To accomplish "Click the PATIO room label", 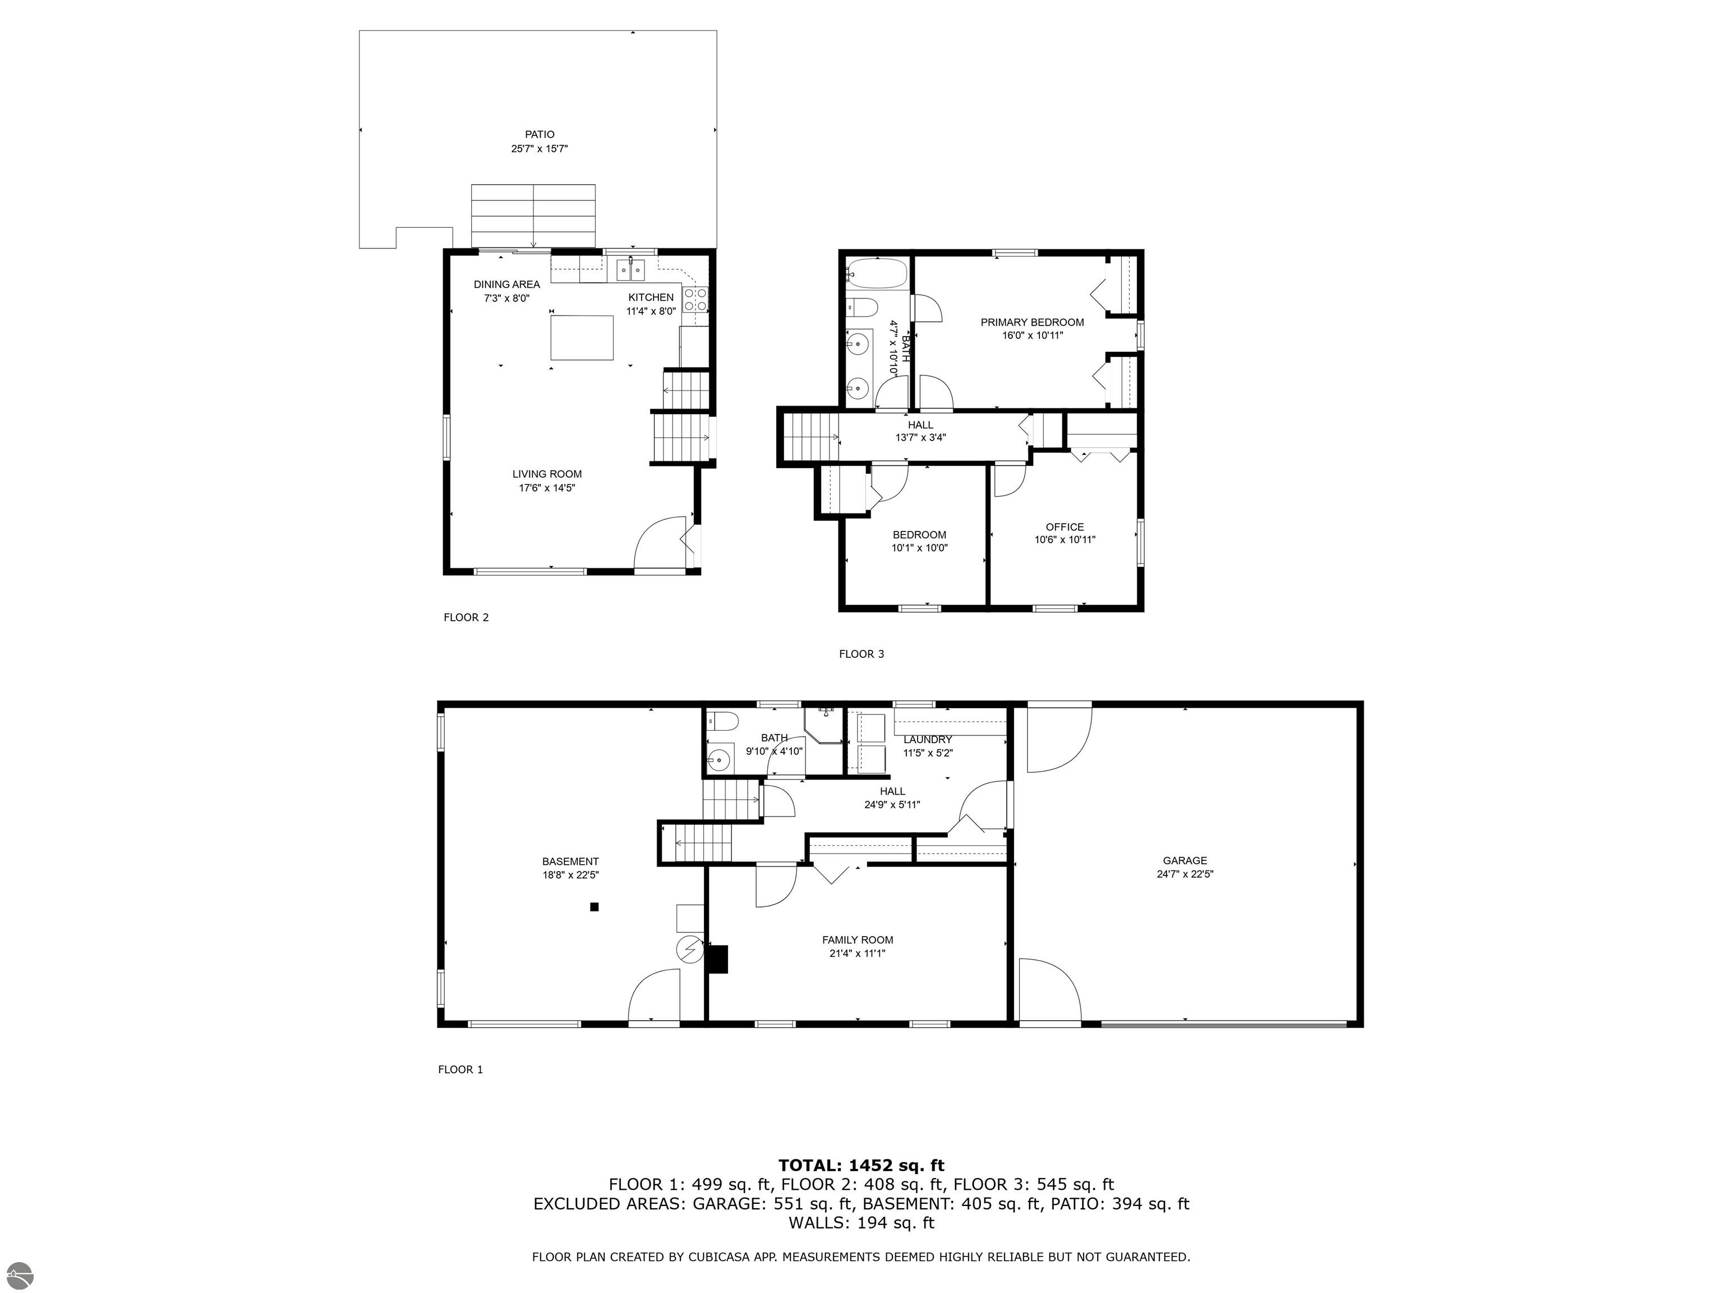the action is pos(539,135).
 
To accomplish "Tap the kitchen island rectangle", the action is pos(581,337).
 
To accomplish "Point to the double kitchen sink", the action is pos(631,270).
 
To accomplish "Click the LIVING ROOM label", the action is pos(547,474).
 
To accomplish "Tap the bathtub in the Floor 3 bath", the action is pos(877,273).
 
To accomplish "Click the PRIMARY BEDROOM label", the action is pos(1032,322).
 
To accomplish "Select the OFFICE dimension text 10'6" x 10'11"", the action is pos(1065,539).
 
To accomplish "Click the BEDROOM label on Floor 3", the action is pos(919,535).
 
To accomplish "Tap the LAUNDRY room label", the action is pos(928,740).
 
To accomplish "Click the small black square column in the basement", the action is pos(595,906).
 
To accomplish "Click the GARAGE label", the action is pos(1185,860).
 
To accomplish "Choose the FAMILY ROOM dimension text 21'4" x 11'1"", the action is pos(858,953).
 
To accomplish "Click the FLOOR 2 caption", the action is pos(466,617).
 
